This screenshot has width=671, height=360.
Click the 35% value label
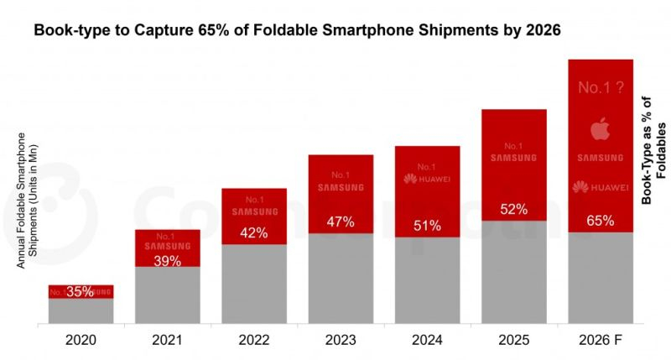click(81, 292)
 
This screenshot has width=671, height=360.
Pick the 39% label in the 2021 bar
click(168, 261)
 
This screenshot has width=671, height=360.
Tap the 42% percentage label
click(254, 233)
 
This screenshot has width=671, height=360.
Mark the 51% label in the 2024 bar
click(427, 225)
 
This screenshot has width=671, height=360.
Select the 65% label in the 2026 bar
click(601, 222)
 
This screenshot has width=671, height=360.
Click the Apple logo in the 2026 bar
click(600, 129)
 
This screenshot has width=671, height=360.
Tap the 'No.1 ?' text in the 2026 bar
click(601, 87)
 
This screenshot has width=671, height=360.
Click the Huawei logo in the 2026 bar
click(601, 186)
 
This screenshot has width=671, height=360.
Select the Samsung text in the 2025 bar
click(513, 157)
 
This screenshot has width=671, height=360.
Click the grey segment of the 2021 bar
click(168, 295)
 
